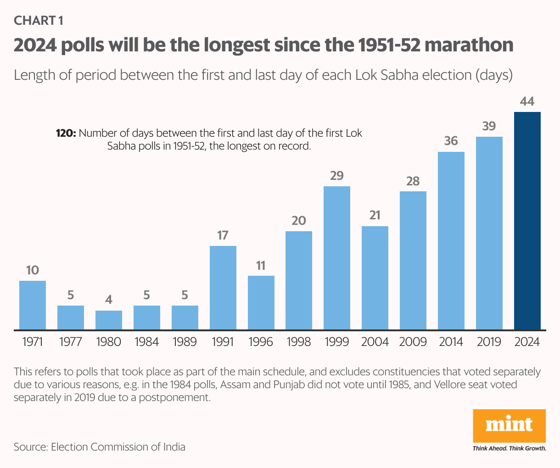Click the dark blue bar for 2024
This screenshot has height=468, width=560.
click(x=527, y=220)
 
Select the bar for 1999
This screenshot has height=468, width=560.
click(x=337, y=257)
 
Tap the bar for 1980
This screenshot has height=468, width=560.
click(x=109, y=320)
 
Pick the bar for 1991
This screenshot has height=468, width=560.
click(x=223, y=287)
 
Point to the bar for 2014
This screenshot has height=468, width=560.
click(x=451, y=240)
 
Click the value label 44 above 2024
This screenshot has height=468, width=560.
click(x=527, y=101)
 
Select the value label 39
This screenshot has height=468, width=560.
click(x=489, y=126)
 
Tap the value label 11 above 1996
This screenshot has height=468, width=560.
click(x=261, y=266)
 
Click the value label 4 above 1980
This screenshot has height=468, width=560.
click(x=109, y=300)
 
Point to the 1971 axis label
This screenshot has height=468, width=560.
click(x=32, y=342)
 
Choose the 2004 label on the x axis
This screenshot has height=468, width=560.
click(x=375, y=342)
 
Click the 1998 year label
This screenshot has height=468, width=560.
click(x=299, y=342)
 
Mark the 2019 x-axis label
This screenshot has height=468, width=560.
click(x=489, y=342)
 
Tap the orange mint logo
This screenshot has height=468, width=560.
click(x=509, y=425)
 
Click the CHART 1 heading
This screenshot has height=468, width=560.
click(x=39, y=20)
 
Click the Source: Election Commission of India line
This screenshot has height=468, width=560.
click(x=100, y=447)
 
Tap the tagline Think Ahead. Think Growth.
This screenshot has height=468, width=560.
click(x=509, y=448)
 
